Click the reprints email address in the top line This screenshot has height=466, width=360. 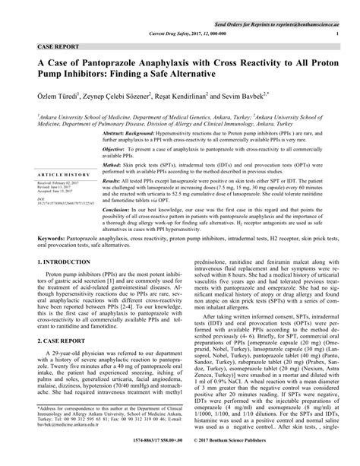click(x=300, y=5)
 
